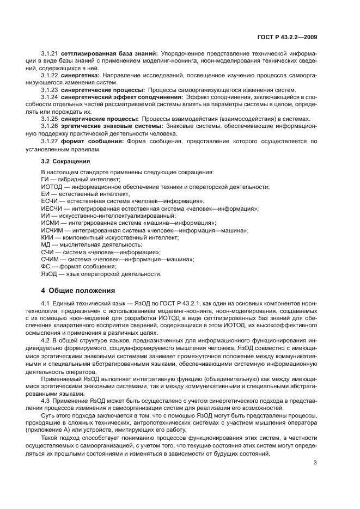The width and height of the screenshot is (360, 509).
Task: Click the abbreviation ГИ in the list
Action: (x=45, y=179)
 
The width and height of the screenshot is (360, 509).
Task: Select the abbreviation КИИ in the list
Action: (x=47, y=238)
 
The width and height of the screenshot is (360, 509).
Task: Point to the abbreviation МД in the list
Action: (x=46, y=245)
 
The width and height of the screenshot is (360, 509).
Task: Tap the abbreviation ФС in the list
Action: (x=46, y=267)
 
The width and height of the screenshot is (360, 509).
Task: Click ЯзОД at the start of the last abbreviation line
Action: (x=48, y=274)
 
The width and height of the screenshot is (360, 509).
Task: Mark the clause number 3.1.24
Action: (x=50, y=97)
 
